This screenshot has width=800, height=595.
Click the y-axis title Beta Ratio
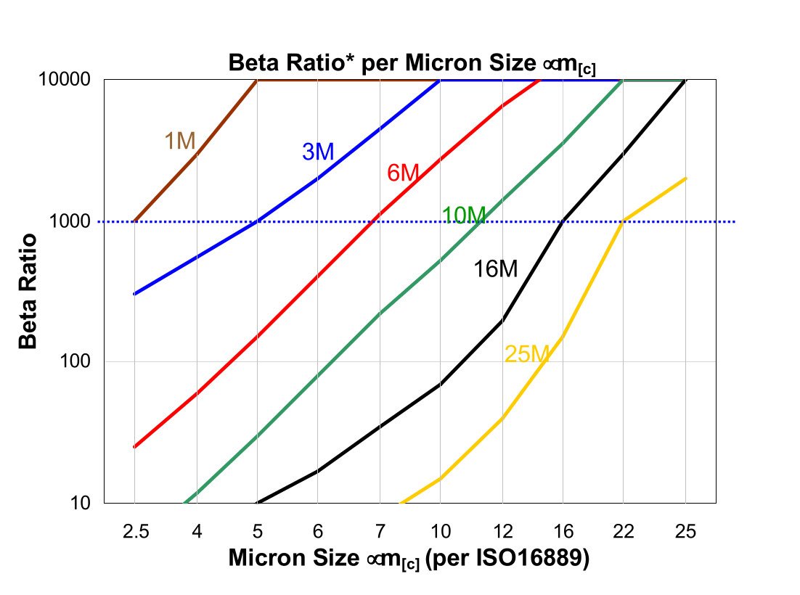pyautogui.click(x=28, y=291)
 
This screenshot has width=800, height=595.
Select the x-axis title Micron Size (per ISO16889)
pyautogui.click(x=408, y=558)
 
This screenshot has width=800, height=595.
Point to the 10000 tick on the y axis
pyautogui.click(x=70, y=80)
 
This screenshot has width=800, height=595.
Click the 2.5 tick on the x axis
pyautogui.click(x=135, y=532)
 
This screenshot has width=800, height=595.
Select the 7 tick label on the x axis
pyautogui.click(x=379, y=532)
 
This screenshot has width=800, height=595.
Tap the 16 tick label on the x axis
pyautogui.click(x=563, y=532)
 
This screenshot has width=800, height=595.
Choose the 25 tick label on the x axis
pyautogui.click(x=685, y=532)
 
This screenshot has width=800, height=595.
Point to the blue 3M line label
pyautogui.click(x=318, y=152)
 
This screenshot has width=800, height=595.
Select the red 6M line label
pyautogui.click(x=403, y=173)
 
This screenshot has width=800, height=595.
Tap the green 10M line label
pyautogui.click(x=464, y=215)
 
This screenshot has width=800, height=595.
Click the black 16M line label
pyautogui.click(x=496, y=269)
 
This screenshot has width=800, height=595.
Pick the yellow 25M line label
pyautogui.click(x=528, y=354)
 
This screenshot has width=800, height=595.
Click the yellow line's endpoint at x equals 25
pyautogui.click(x=685, y=178)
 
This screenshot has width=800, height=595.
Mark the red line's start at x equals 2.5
pyautogui.click(x=135, y=447)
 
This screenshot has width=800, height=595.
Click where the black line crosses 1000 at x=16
pyautogui.click(x=563, y=221)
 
